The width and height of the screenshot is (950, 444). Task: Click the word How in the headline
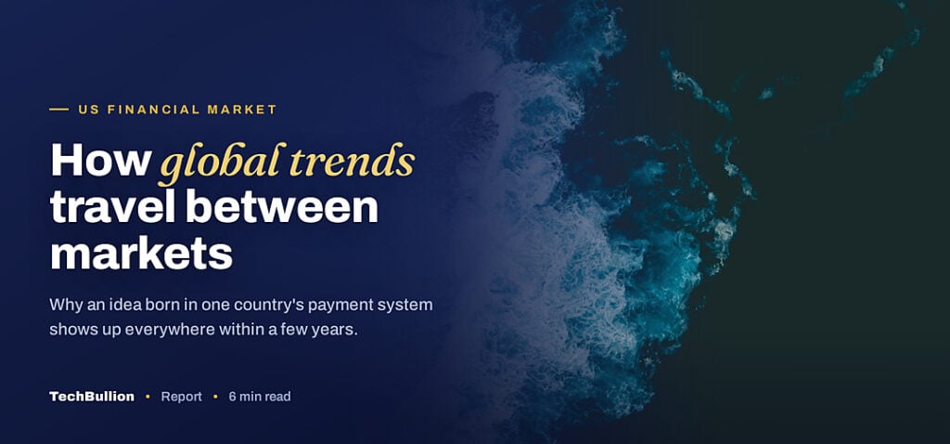[x=100, y=160]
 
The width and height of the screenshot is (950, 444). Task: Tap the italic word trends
[x=352, y=161]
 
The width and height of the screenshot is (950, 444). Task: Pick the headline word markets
[x=141, y=254]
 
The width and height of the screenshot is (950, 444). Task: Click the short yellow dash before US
[x=58, y=110]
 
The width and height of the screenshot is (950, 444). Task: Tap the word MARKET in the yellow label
[x=242, y=110]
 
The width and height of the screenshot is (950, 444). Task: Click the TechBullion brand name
[x=92, y=397]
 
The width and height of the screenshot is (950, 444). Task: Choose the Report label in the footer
[x=181, y=398]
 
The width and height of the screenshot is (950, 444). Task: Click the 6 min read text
[x=260, y=397]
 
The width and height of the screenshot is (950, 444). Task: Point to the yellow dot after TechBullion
[x=148, y=398]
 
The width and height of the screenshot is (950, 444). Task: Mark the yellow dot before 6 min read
[x=215, y=398]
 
